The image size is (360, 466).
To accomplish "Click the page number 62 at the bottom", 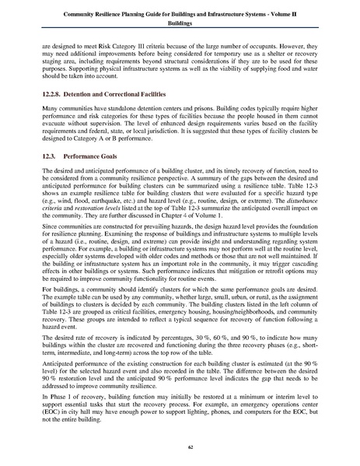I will point(180,444).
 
